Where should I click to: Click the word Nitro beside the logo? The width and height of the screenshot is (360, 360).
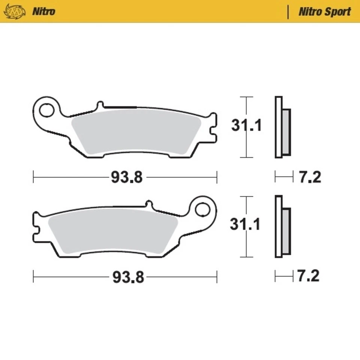click(43, 11)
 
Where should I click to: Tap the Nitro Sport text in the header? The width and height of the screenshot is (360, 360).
click(324, 12)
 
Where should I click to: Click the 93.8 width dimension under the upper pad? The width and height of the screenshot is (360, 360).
click(127, 177)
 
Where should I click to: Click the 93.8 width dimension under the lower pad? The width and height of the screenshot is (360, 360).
click(128, 277)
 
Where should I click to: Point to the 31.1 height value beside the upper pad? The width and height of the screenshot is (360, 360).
click(246, 126)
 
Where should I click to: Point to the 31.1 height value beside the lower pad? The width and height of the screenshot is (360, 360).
click(245, 225)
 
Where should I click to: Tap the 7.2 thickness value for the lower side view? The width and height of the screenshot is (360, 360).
click(308, 277)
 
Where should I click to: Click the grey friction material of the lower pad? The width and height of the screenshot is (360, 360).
click(112, 231)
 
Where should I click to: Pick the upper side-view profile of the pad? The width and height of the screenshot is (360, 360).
click(282, 127)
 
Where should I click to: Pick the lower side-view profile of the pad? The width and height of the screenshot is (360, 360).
click(282, 226)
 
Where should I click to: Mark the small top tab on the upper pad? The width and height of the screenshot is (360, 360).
click(100, 105)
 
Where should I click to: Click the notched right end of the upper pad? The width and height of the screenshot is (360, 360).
click(213, 127)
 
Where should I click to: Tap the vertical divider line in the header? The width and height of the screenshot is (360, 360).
click(288, 12)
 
